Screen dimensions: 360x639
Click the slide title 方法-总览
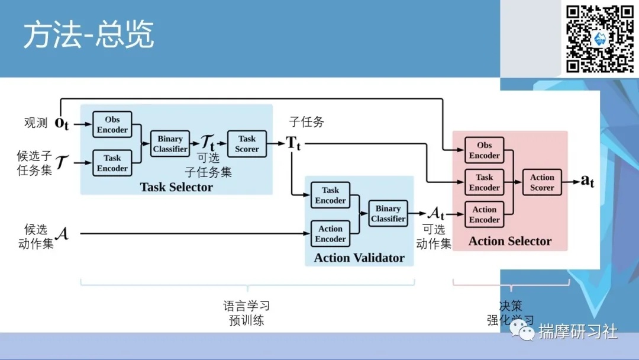point(88,36)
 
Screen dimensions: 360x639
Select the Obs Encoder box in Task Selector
point(112,125)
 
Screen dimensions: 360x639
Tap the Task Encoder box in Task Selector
point(112,163)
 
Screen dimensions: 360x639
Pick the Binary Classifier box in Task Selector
point(170,144)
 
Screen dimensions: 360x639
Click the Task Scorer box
point(247,144)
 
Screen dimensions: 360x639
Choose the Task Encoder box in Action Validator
point(330,195)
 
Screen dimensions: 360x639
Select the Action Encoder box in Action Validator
point(330,234)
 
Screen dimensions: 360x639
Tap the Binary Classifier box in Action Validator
point(388,214)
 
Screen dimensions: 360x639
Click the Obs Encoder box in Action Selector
point(485,150)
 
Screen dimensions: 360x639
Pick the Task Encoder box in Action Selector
point(485,182)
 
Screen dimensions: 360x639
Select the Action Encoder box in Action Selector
point(485,214)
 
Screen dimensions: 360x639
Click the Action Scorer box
point(542,182)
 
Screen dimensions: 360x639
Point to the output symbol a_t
point(587,181)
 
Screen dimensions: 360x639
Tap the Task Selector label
point(176,187)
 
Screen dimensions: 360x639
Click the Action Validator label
point(359,258)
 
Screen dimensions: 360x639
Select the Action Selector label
point(510,241)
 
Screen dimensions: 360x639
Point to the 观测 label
point(35,123)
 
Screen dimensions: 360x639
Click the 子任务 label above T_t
point(306,123)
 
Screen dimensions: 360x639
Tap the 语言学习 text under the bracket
point(246,306)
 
